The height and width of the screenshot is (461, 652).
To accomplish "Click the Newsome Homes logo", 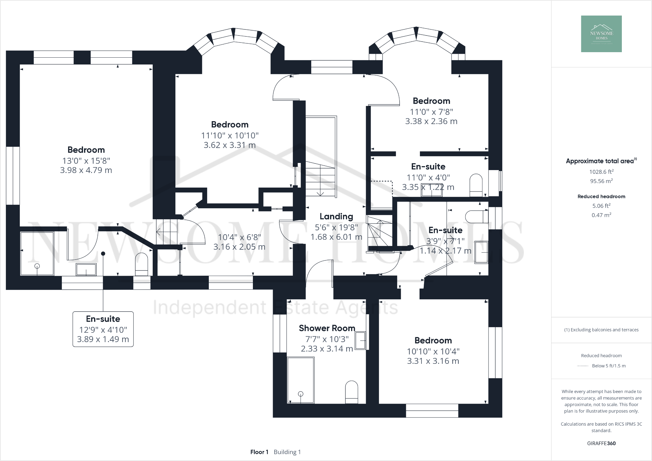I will [x=601, y=34].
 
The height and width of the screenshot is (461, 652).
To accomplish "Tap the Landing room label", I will [x=336, y=216].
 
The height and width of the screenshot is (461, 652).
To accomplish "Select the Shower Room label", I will [x=327, y=328].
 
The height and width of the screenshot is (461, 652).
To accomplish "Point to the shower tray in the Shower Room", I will [x=301, y=380].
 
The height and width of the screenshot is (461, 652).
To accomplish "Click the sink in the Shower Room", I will [x=361, y=341].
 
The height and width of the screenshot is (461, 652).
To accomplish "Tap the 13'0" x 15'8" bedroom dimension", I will [x=86, y=161].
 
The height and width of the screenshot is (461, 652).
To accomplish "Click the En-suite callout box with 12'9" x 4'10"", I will [x=103, y=329].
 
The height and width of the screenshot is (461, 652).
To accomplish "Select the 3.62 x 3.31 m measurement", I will [x=230, y=145].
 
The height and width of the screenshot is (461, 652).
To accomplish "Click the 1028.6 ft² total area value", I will [x=601, y=172].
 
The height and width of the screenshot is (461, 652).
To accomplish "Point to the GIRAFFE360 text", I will [x=601, y=444].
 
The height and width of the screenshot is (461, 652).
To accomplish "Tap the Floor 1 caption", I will [x=259, y=452].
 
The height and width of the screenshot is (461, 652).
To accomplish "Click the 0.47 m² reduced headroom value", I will [x=601, y=215].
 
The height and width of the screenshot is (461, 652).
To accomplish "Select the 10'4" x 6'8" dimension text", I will [x=239, y=237].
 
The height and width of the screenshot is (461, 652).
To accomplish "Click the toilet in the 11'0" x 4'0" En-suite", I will [x=476, y=185].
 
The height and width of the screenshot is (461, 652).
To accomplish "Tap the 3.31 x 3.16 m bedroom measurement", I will [x=433, y=361].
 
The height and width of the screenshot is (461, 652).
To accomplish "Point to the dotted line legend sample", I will [x=583, y=366].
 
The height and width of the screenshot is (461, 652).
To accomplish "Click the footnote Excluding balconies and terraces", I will [x=601, y=330].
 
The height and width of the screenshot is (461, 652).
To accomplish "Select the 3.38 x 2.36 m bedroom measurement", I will [x=431, y=121].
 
